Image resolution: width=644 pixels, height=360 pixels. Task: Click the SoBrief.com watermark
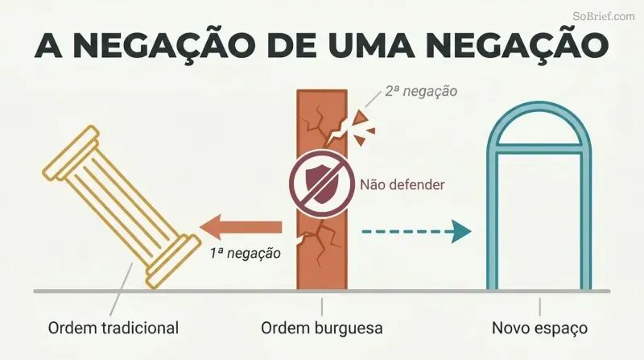pyautogui.click(x=604, y=16)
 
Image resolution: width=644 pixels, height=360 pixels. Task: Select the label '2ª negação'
pyautogui.click(x=421, y=91)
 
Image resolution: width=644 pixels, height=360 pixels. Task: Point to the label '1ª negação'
pyautogui.click(x=246, y=253)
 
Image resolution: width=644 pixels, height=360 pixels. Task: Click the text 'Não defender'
pyautogui.click(x=402, y=184)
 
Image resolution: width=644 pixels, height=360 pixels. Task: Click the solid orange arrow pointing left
pyautogui.click(x=241, y=227)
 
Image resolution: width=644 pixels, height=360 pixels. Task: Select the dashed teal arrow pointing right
pyautogui.click(x=416, y=231)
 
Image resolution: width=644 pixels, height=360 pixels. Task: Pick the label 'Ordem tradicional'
pyautogui.click(x=114, y=329)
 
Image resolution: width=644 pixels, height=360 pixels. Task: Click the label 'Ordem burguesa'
pyautogui.click(x=322, y=329)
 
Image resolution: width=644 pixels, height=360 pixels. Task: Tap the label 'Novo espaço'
pyautogui.click(x=539, y=329)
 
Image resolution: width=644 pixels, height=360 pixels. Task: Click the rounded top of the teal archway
pyautogui.click(x=539, y=106)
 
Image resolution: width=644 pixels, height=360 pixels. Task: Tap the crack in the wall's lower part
pyautogui.click(x=318, y=242)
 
